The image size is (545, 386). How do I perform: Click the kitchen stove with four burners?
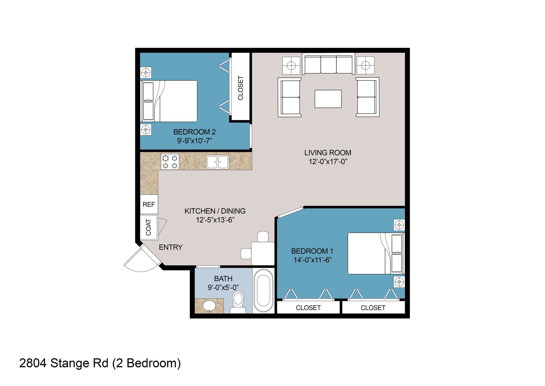coord(170,161)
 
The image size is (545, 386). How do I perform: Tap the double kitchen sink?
coord(217,162)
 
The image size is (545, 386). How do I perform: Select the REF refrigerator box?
coord(149,204)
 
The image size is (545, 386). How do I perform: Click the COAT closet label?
coord(148,227)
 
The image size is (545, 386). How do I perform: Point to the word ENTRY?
coord(171,247)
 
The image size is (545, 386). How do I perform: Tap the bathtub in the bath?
coord(263,291)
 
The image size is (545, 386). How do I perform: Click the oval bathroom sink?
coord(209,306)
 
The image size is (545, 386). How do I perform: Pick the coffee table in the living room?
coord(328,99)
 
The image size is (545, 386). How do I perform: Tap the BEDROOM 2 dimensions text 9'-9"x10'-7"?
coord(195,141)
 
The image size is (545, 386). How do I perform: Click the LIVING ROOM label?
coord(328,153)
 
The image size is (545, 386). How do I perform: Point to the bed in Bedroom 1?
coord(376,253)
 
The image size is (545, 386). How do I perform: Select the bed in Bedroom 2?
coord(169,101)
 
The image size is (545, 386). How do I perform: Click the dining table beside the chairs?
coord(263,253)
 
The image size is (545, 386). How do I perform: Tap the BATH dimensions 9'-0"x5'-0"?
coord(223,288)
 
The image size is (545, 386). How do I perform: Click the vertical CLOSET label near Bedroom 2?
coord(240,88)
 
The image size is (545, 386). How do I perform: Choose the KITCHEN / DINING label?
coord(215,211)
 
